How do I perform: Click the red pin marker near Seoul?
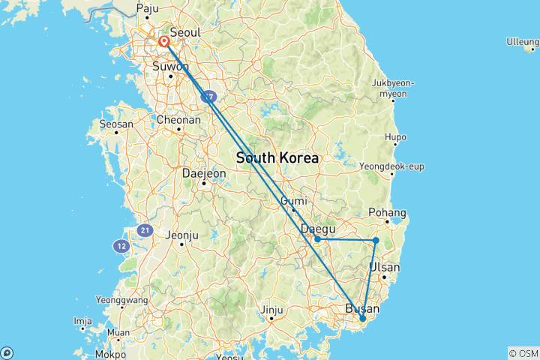(x=163, y=40)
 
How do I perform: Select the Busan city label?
(x=362, y=308)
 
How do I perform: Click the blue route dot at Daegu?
(x=318, y=239)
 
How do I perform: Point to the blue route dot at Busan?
(x=363, y=319)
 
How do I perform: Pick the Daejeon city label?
(x=204, y=173)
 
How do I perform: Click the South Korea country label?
(x=277, y=158)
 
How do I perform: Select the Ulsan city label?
(x=385, y=268)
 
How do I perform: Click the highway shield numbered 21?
(x=144, y=230)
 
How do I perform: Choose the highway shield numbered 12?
(x=121, y=245)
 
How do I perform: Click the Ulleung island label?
(x=522, y=40)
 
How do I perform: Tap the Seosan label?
(x=116, y=124)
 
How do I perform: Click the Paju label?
(x=146, y=9)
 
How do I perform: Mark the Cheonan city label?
(x=179, y=119)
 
